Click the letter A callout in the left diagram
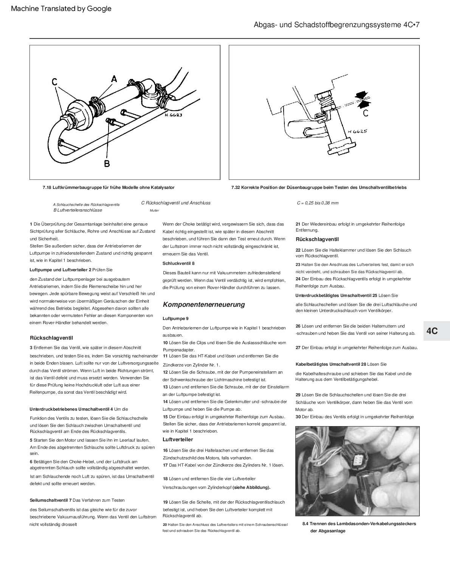click(114, 79)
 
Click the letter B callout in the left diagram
click(107, 163)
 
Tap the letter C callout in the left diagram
click(55, 82)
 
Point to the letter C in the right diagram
click(366, 113)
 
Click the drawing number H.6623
click(174, 115)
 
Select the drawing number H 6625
click(357, 131)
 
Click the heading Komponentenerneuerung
click(204, 304)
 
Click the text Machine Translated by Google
click(61, 9)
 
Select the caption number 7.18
click(47, 187)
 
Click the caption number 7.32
click(236, 187)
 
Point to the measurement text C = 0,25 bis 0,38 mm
click(318, 203)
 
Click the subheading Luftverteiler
click(178, 439)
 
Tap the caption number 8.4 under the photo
click(306, 524)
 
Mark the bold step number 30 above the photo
click(298, 417)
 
